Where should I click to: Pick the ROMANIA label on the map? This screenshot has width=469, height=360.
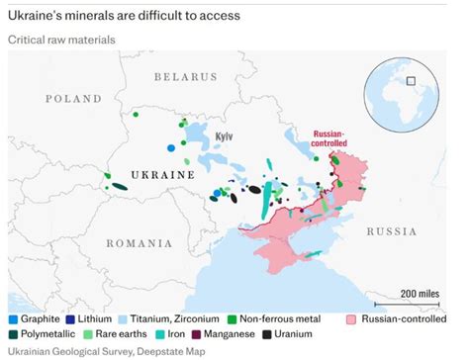tap(139, 242)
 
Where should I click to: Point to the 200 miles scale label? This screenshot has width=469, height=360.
tap(420, 294)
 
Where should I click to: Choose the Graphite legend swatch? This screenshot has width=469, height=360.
tap(13, 319)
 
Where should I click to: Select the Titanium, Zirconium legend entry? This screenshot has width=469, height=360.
tap(169, 319)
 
